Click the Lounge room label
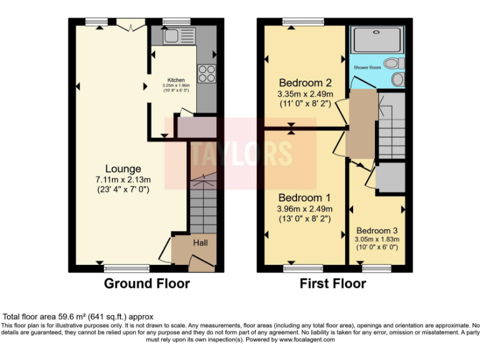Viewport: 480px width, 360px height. pos(122,169)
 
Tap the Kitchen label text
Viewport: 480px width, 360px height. pos(175,80)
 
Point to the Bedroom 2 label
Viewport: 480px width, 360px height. pos(305,82)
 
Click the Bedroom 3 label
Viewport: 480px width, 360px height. pos(377,230)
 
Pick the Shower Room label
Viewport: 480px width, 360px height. pos(367,67)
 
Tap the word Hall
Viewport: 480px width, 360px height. pos(200,242)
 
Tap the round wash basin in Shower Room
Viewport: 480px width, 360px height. pos(397,80)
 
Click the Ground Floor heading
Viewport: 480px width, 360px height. pos(146,284)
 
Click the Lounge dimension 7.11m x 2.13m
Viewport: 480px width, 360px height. pos(122,179)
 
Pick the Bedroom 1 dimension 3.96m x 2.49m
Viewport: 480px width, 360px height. pos(304,209)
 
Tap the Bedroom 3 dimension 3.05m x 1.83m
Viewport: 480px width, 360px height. pos(377,239)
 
